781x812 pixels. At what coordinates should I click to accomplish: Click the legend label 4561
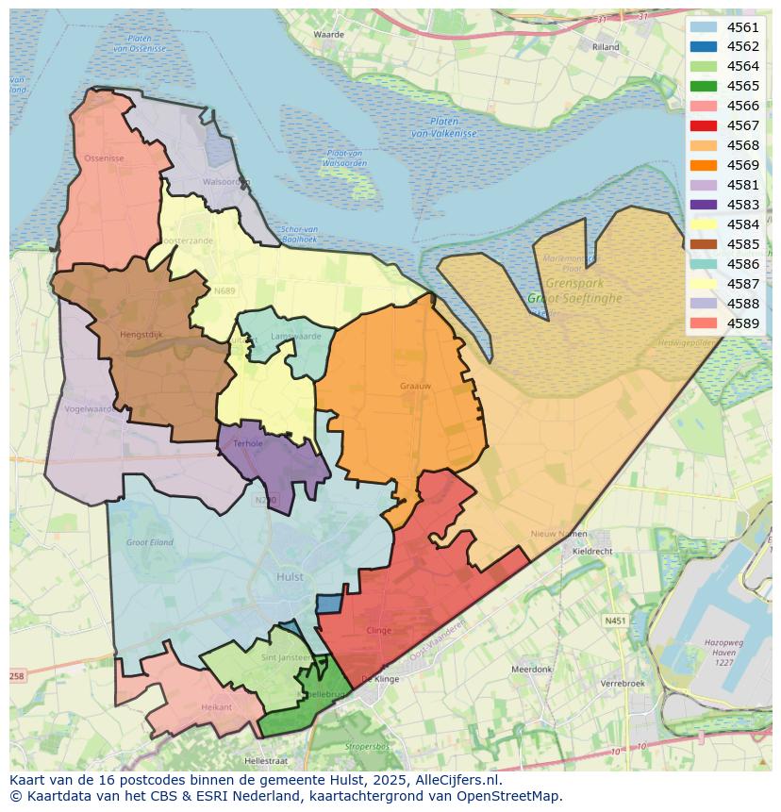point(742,27)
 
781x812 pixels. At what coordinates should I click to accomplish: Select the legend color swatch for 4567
point(703,125)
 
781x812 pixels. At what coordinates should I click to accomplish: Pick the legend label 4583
point(742,205)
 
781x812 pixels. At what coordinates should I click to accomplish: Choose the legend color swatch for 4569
point(703,165)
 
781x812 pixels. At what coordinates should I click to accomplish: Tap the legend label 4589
point(742,323)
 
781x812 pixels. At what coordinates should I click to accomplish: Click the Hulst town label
point(290,576)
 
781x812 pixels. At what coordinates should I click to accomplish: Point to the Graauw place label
point(415,385)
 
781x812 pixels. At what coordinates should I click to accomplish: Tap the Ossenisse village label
point(104,158)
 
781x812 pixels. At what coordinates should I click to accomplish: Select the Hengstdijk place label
point(141,334)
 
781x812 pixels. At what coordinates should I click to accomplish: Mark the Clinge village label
point(378,630)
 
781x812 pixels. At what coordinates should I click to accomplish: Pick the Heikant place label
point(216,706)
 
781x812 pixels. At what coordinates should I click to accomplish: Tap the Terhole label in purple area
point(248,442)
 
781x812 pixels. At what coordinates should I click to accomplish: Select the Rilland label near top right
point(606,46)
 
